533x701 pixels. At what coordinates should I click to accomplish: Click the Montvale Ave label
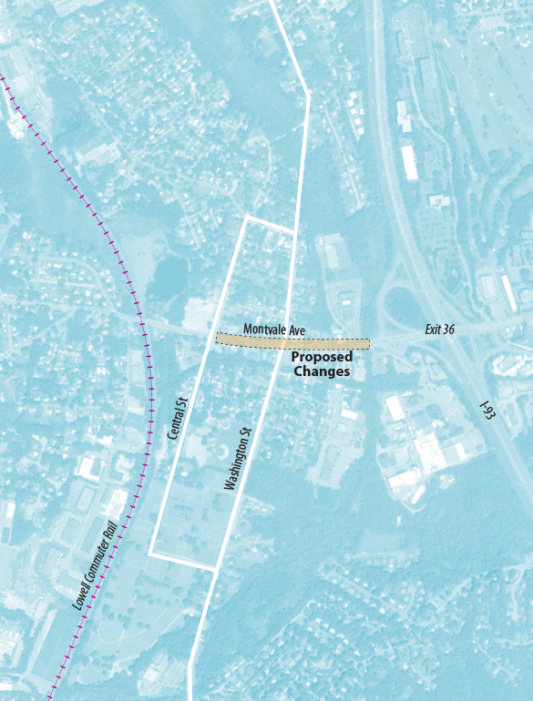click(273, 330)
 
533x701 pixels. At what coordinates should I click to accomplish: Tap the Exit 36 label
click(439, 330)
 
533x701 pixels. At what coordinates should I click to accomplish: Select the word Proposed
click(322, 358)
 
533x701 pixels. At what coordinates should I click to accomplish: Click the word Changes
click(322, 371)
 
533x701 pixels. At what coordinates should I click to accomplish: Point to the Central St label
click(177, 418)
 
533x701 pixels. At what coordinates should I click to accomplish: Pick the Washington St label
click(237, 459)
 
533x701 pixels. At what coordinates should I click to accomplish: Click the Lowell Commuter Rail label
click(95, 564)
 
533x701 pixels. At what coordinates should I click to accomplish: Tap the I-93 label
click(487, 411)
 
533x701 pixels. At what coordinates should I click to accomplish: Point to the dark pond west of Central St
click(168, 277)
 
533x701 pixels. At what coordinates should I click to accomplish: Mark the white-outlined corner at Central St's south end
click(150, 553)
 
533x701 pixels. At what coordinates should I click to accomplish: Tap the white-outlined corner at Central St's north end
click(247, 218)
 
